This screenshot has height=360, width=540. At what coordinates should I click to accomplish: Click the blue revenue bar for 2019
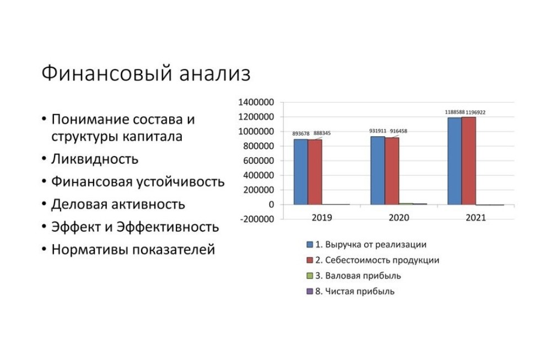(300, 171)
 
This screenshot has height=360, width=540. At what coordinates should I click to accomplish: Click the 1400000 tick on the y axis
(256, 103)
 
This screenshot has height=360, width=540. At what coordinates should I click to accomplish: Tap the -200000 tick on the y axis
(257, 219)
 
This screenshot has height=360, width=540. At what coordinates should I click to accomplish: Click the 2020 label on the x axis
(398, 218)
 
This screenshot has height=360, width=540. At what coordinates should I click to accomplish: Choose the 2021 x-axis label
(476, 218)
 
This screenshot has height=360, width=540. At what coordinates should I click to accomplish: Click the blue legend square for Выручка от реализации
(310, 244)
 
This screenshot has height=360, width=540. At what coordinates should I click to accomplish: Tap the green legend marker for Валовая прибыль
(310, 276)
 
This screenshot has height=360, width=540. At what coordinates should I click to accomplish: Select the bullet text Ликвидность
(94, 159)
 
